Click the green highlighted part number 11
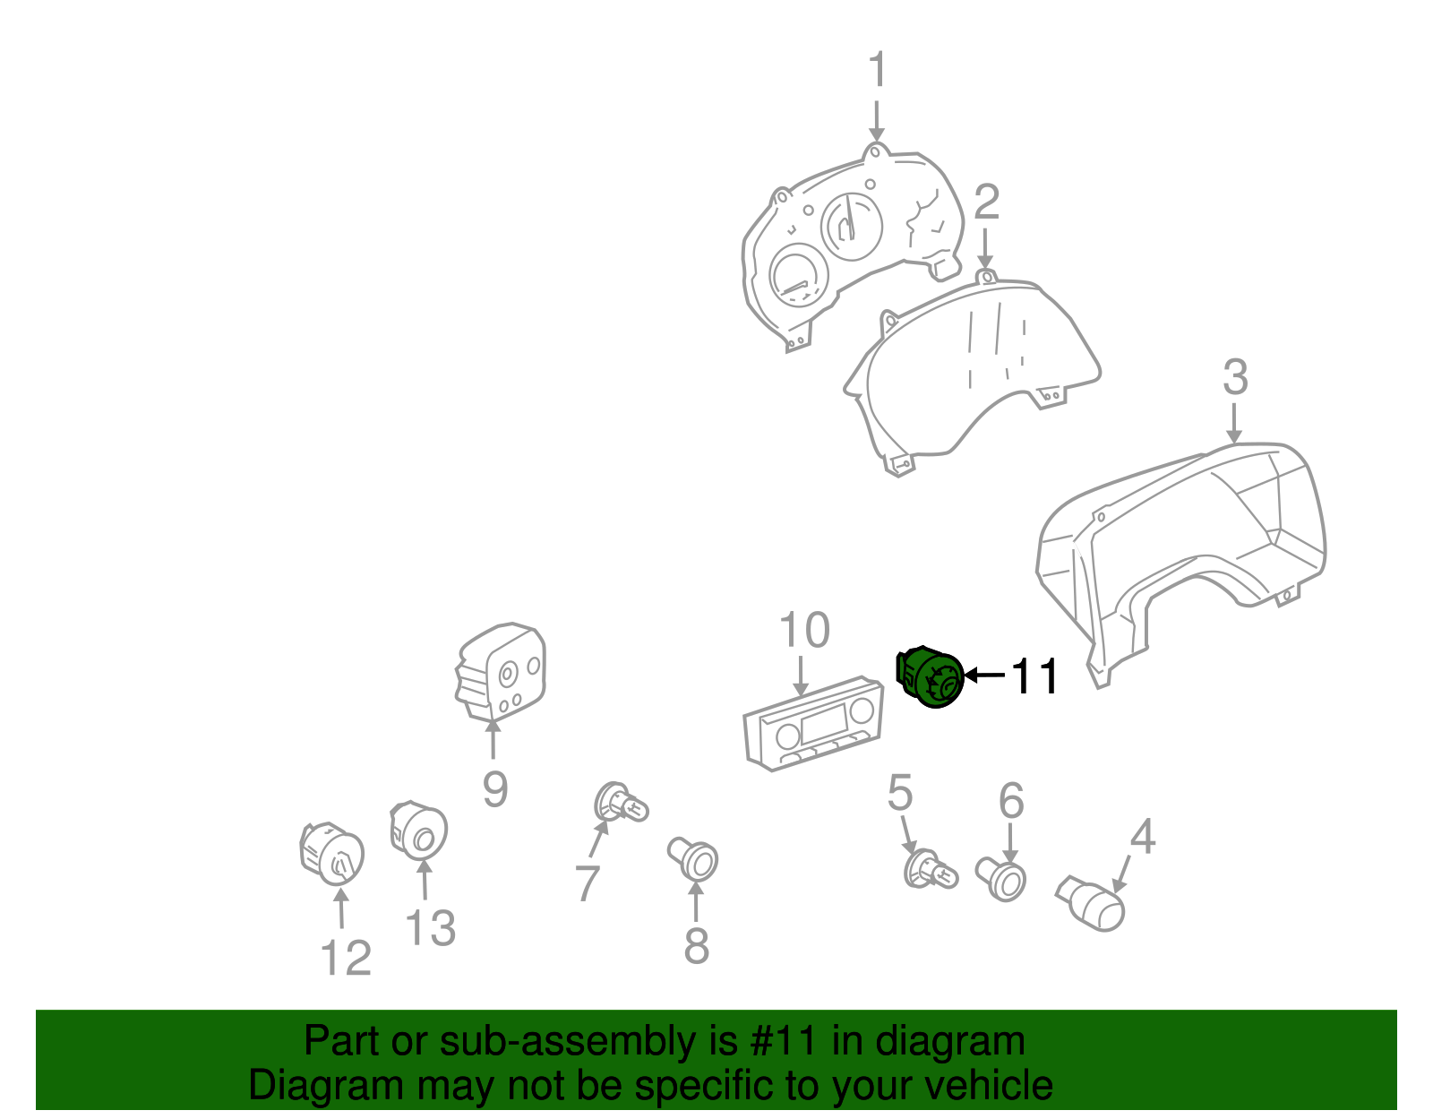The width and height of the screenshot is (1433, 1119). [930, 676]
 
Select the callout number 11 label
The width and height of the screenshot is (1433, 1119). [1034, 676]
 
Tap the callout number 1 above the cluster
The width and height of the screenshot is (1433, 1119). [877, 69]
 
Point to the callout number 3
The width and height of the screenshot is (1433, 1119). [1235, 377]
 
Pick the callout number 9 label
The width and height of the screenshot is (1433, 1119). [495, 788]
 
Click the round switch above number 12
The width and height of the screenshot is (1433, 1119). [331, 853]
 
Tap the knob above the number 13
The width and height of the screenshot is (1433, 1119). [419, 831]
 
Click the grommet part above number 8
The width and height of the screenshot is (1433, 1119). [693, 859]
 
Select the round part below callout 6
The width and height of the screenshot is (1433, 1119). [1001, 879]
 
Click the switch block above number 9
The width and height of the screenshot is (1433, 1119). [502, 671]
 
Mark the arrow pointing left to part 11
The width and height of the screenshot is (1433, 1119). [984, 675]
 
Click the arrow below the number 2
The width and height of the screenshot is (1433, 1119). [984, 248]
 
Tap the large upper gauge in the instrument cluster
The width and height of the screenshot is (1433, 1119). [852, 226]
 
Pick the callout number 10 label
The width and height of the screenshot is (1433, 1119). [804, 630]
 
